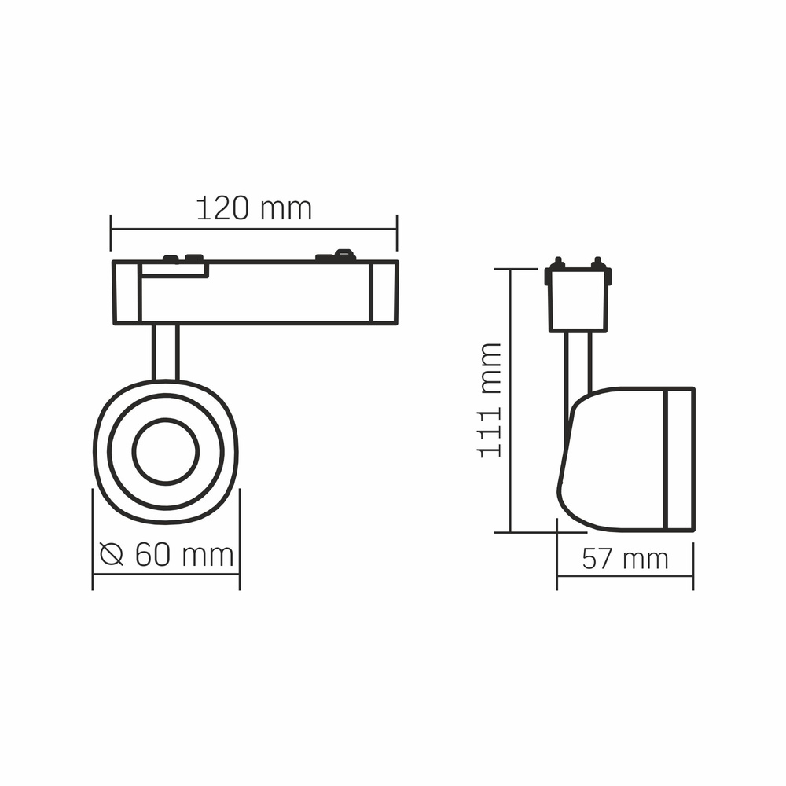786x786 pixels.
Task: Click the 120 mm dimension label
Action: (253, 209)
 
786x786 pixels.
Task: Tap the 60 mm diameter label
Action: (184, 555)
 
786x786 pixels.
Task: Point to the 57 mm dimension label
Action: (625, 559)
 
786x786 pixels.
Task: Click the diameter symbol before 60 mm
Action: (113, 555)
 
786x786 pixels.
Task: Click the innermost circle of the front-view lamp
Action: (166, 452)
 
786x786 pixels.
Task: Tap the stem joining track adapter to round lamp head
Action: (166, 351)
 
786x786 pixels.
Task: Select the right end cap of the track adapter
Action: (384, 292)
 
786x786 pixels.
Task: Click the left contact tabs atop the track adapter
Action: (182, 257)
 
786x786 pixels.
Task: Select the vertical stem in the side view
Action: (578, 362)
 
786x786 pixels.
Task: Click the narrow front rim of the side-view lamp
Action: (680, 458)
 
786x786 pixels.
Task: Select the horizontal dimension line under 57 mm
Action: (625, 576)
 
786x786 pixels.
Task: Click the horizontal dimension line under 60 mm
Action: (166, 575)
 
